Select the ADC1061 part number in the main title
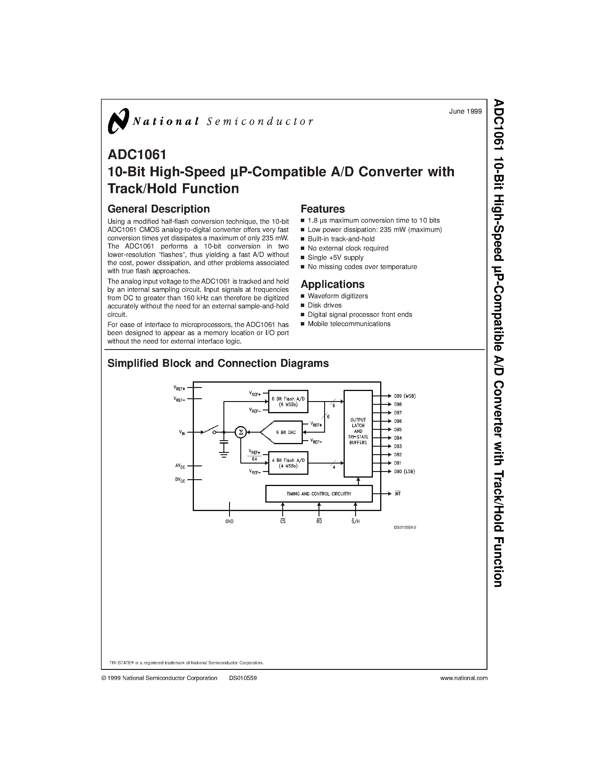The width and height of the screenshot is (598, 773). click(x=137, y=155)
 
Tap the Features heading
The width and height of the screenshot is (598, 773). click(x=322, y=209)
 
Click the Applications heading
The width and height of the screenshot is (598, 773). click(x=332, y=284)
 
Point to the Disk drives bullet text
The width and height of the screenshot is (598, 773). click(x=324, y=305)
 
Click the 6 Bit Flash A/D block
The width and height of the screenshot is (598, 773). click(x=288, y=401)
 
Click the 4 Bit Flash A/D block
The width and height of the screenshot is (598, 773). click(x=288, y=463)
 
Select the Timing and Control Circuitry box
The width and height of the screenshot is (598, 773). click(x=319, y=494)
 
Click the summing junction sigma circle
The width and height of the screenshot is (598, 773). click(x=241, y=432)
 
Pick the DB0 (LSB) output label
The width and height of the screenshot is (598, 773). click(x=404, y=471)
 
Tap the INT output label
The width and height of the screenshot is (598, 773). click(x=397, y=494)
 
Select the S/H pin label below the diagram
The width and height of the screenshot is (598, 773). click(x=356, y=521)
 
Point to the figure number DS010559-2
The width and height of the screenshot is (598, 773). click(x=405, y=527)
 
